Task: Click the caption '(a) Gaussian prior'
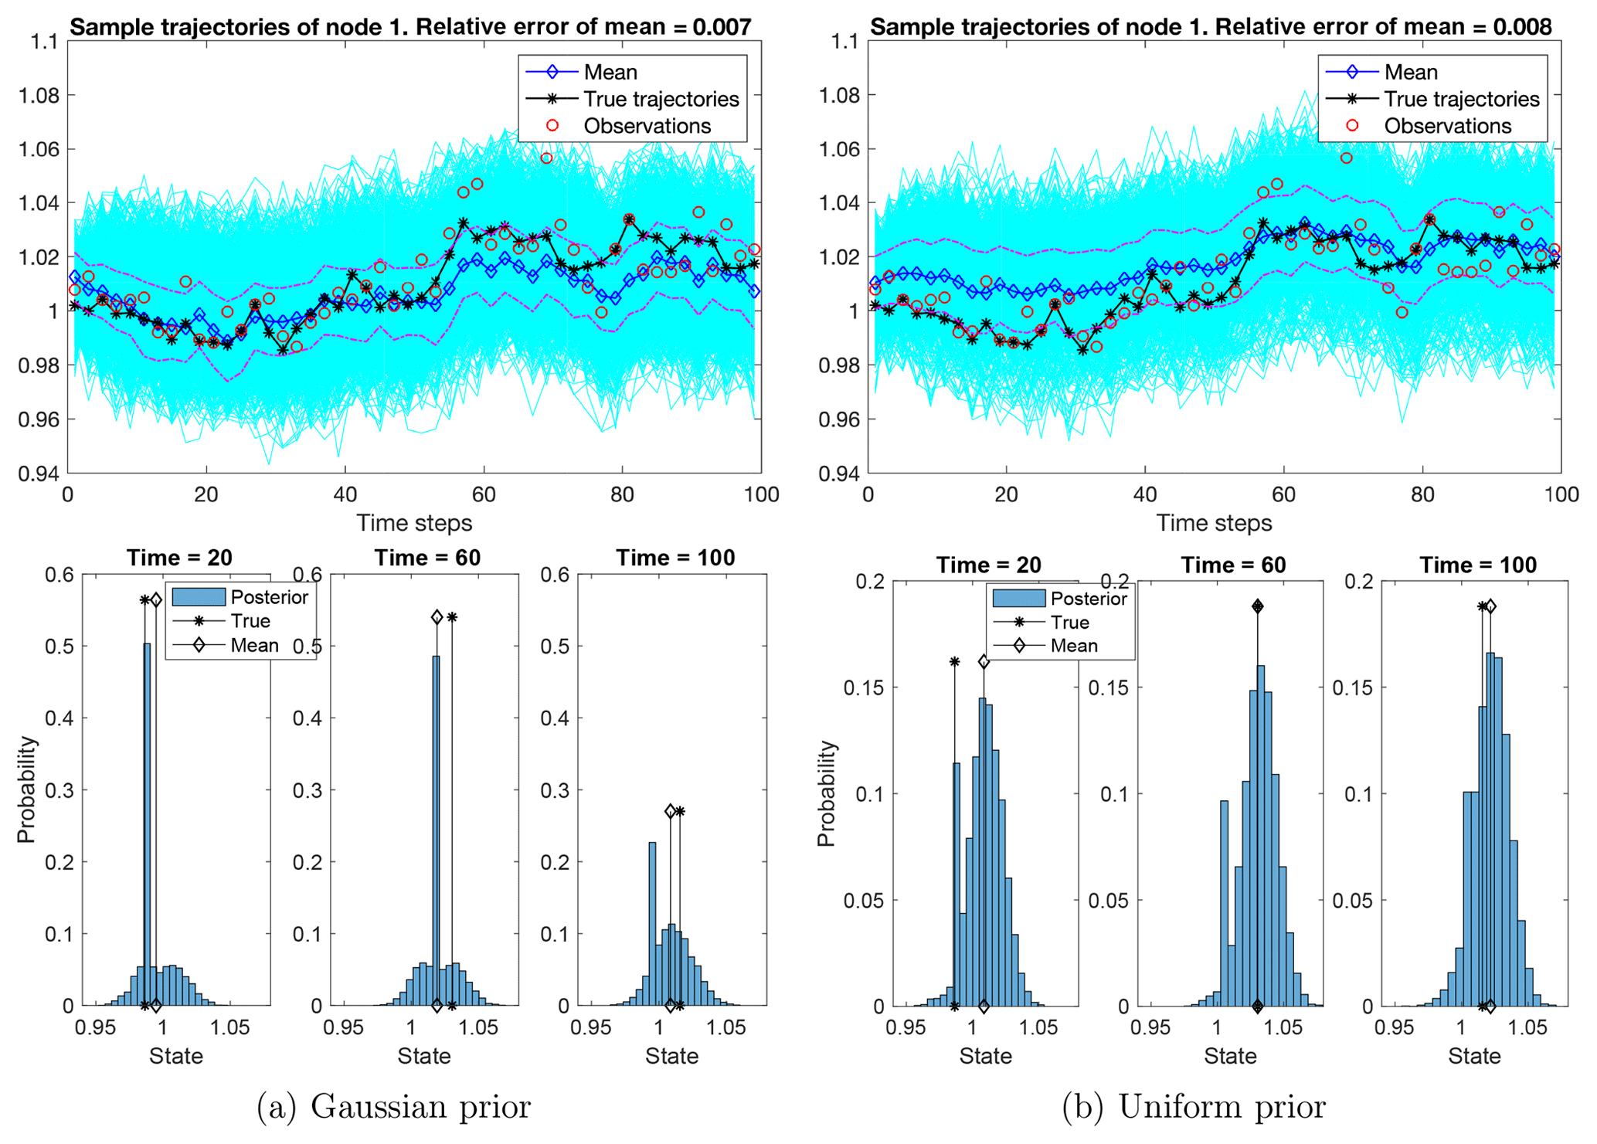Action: (x=393, y=1107)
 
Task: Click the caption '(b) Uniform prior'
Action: (x=1194, y=1107)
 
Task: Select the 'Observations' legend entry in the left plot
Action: (x=647, y=126)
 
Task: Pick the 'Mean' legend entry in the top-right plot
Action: (x=1410, y=73)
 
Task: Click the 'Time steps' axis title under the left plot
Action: (x=414, y=523)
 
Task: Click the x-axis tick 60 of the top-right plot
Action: (x=1283, y=494)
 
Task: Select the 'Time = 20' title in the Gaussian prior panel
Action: (x=179, y=558)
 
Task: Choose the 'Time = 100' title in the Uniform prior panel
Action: (x=1477, y=565)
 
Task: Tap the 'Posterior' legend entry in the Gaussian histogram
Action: (x=269, y=597)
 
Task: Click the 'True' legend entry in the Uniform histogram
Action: (x=1069, y=623)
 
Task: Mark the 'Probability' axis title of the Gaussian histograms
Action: (x=26, y=789)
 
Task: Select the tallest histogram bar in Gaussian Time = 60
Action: (x=436, y=830)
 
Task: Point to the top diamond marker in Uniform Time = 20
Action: (x=984, y=662)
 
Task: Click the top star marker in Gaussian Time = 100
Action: (x=680, y=811)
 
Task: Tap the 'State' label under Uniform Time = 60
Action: (x=1230, y=1056)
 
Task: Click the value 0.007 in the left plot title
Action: (x=722, y=27)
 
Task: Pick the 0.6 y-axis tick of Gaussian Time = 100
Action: (x=557, y=575)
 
